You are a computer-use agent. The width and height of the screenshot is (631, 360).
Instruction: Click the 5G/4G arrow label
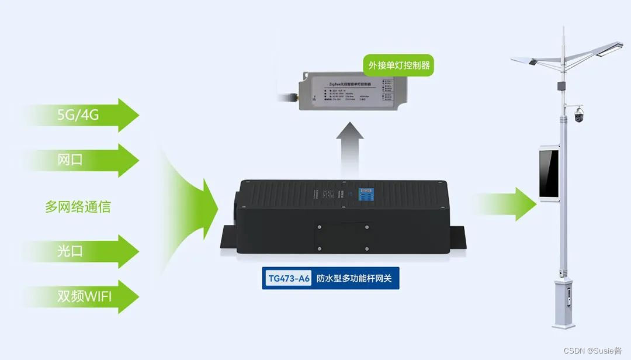(x=78, y=115)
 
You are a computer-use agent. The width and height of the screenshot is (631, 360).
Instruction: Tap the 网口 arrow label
(x=70, y=160)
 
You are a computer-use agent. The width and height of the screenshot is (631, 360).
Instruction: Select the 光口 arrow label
(x=70, y=251)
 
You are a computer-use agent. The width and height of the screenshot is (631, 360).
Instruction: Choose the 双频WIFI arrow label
(x=84, y=296)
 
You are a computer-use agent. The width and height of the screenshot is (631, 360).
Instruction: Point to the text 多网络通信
(x=78, y=206)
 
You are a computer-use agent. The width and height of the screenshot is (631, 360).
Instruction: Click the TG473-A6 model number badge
(x=288, y=279)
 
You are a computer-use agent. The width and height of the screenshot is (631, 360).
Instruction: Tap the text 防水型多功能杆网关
(x=358, y=279)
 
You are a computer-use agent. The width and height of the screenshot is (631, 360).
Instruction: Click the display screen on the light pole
(x=549, y=174)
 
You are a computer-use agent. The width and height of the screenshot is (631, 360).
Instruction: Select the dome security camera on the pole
(x=578, y=115)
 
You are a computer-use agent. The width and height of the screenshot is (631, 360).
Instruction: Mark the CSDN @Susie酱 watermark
(x=595, y=350)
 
